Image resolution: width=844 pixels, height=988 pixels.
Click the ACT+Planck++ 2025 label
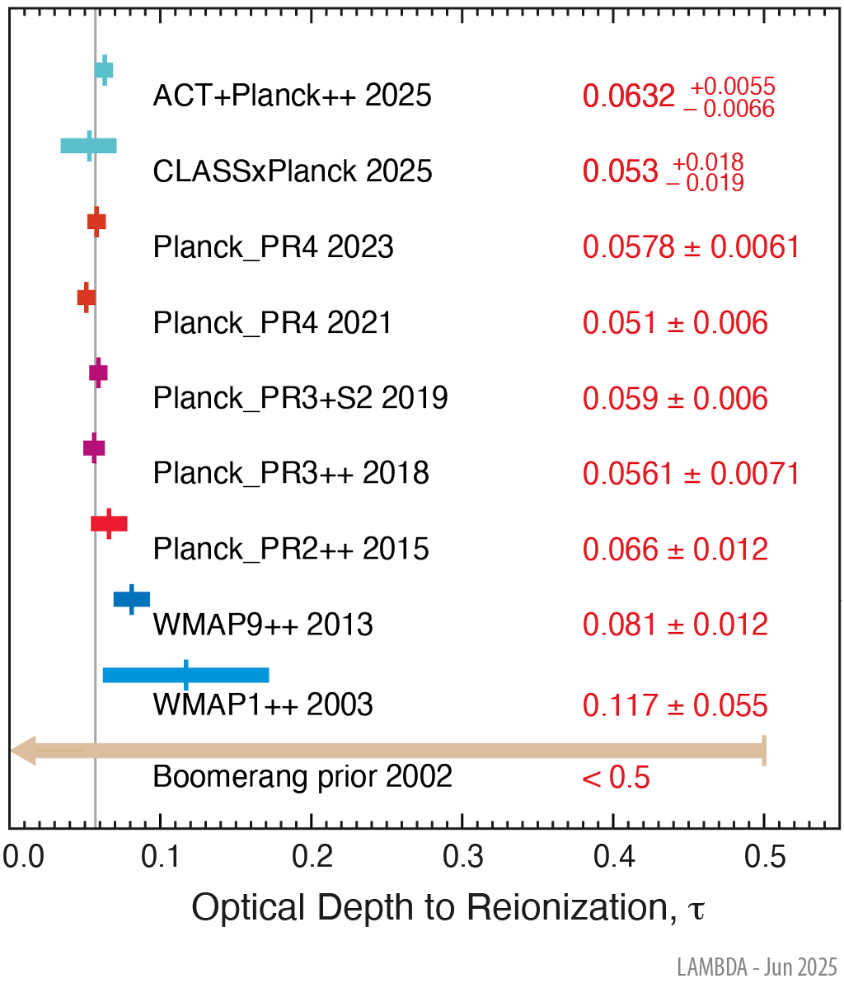pyautogui.click(x=292, y=96)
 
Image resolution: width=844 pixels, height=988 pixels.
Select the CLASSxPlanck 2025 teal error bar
pyautogui.click(x=88, y=146)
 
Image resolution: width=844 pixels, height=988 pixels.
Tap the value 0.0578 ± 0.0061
pyautogui.click(x=691, y=247)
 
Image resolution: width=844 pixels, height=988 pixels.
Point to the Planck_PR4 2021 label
pyautogui.click(x=272, y=323)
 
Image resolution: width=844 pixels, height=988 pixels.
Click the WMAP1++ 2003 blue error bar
pyautogui.click(x=185, y=676)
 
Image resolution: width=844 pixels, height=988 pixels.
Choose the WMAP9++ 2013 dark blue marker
pyautogui.click(x=132, y=599)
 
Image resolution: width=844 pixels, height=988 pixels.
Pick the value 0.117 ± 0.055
pyautogui.click(x=675, y=705)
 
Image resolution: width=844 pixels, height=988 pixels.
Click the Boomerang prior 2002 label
pyautogui.click(x=302, y=776)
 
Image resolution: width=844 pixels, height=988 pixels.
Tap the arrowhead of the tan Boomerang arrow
pyautogui.click(x=23, y=751)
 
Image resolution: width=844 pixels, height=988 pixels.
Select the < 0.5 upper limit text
pyautogui.click(x=616, y=777)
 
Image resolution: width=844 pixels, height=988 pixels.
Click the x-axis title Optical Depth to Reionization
pyautogui.click(x=448, y=908)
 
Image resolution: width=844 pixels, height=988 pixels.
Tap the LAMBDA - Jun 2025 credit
pyautogui.click(x=757, y=967)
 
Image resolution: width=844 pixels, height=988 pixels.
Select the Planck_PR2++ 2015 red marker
pyautogui.click(x=109, y=523)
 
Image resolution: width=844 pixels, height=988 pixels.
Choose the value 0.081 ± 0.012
pyautogui.click(x=675, y=625)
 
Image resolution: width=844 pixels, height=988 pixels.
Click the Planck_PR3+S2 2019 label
pyautogui.click(x=300, y=398)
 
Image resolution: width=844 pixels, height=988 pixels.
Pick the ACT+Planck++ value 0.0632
pyautogui.click(x=629, y=96)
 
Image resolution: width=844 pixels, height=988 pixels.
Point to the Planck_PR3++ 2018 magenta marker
pyautogui.click(x=94, y=448)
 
